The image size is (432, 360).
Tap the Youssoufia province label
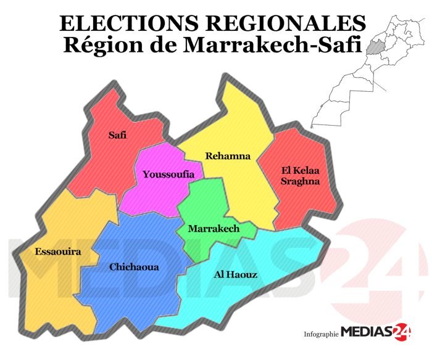(x=164, y=174)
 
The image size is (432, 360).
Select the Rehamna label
(x=228, y=156)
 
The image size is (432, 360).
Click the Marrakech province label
(x=214, y=229)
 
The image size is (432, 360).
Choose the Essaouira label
(x=59, y=252)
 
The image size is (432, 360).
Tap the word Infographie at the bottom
(x=322, y=334)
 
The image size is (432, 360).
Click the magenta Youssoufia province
(x=154, y=191)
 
